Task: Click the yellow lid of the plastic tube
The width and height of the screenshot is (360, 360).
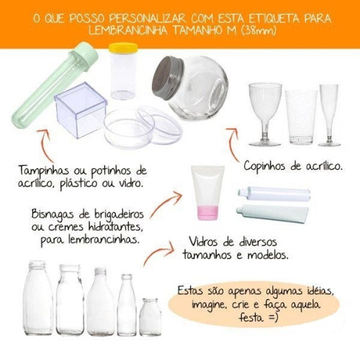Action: [123, 48]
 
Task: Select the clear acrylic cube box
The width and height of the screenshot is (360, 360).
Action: [81, 110]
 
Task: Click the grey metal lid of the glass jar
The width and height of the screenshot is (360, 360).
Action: [168, 77]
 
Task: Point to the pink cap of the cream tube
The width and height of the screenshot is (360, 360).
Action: [208, 212]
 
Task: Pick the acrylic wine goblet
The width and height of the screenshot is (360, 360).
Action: [265, 114]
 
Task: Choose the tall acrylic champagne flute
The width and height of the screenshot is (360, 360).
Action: [329, 115]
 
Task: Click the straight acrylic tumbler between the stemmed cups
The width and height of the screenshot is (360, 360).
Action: [301, 117]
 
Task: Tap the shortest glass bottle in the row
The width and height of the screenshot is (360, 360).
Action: [150, 317]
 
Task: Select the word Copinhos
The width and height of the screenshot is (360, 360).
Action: [264, 166]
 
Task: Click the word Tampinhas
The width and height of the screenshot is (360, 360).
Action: [43, 171]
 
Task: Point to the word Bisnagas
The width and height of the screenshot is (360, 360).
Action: [53, 215]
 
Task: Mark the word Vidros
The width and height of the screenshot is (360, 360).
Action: [204, 241]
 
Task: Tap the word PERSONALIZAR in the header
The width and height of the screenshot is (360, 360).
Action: [148, 18]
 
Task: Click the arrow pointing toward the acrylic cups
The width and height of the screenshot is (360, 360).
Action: [233, 143]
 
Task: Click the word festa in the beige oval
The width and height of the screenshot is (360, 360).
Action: [251, 318]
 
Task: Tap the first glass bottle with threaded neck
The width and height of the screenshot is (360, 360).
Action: [37, 298]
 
